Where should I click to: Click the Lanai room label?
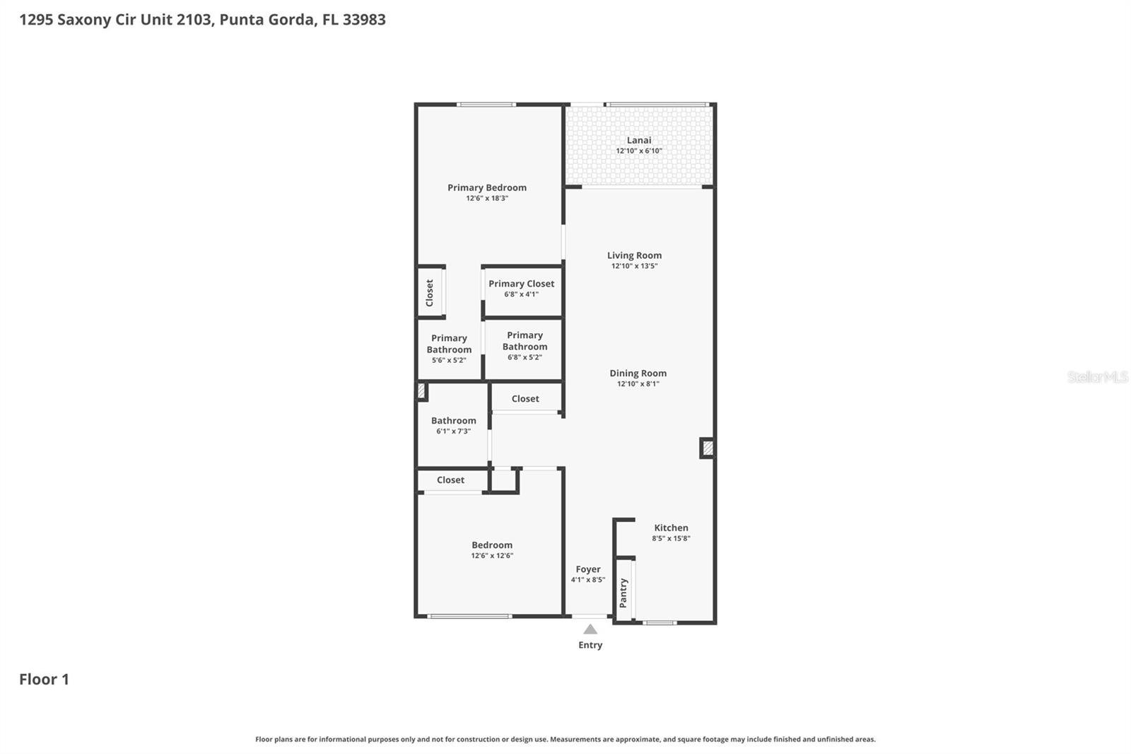638,140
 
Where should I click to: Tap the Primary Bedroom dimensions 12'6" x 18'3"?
486,199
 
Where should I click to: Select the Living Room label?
634,255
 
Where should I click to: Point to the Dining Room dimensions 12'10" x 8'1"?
638,384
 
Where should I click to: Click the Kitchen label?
671,528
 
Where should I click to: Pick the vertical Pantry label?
623,593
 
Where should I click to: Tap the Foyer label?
587,569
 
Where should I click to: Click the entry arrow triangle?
590,630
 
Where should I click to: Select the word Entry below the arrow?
590,645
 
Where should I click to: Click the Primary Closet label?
521,284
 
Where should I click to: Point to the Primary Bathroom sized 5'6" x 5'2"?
449,349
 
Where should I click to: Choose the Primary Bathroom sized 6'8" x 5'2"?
525,346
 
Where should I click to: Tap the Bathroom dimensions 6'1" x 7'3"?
453,431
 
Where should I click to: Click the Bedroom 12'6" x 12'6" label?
492,545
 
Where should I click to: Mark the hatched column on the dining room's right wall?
708,448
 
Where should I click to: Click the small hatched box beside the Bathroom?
421,390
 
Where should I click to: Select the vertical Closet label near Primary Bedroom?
429,293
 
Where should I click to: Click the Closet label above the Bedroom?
450,480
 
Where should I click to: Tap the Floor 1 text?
44,679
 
